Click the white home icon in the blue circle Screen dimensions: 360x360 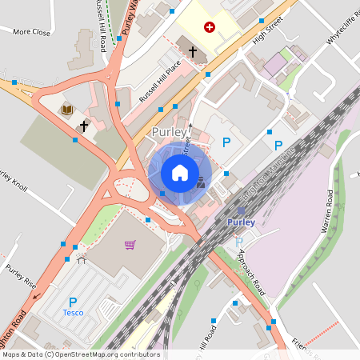click(x=180, y=173)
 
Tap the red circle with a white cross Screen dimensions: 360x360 click(x=210, y=27)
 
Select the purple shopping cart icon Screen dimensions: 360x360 click(x=130, y=244)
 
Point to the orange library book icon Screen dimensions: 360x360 click(x=67, y=109)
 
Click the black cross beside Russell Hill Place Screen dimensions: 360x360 click(x=193, y=52)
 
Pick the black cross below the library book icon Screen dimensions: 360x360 click(x=83, y=126)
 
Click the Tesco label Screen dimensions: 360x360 click(x=73, y=313)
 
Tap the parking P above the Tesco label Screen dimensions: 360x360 click(x=73, y=301)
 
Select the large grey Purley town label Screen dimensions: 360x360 click(x=169, y=131)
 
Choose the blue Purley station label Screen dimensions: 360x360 click(x=240, y=222)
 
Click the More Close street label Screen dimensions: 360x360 click(x=31, y=32)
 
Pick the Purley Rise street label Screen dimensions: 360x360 click(x=21, y=276)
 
